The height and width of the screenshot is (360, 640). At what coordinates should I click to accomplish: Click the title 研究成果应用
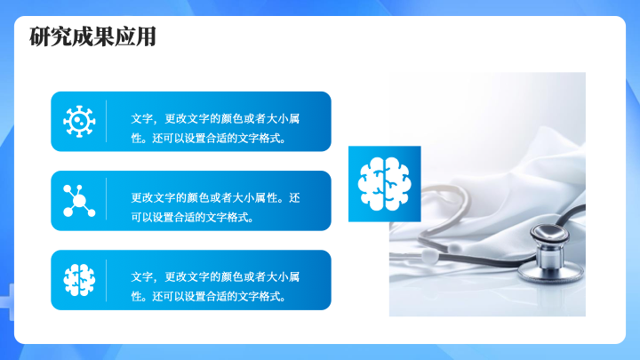pos(92,36)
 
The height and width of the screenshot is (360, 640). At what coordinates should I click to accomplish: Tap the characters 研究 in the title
pos(50,36)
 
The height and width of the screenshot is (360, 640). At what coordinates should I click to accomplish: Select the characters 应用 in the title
pos(135,36)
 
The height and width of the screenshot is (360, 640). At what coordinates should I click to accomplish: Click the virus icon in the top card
pos(79,121)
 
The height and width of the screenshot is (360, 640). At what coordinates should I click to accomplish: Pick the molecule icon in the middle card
pos(79,200)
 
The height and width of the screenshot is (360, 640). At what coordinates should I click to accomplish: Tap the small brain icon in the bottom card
pos(79,280)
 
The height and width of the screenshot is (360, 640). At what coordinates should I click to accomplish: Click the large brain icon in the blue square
pos(384,184)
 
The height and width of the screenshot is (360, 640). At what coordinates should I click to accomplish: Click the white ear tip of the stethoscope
pos(428,256)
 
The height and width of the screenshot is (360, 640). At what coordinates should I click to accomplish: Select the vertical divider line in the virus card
pos(106,121)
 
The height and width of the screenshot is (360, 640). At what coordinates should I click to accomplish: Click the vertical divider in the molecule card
pos(106,199)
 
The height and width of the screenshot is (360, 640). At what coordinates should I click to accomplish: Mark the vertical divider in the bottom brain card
pos(106,280)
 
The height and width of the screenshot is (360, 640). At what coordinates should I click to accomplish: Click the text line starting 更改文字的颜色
pos(215,198)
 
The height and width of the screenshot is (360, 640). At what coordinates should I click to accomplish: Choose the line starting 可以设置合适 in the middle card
pos(193,217)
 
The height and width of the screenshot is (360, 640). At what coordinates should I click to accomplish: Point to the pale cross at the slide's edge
pos(7,302)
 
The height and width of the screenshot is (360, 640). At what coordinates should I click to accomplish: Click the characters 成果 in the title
pos(92,36)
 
